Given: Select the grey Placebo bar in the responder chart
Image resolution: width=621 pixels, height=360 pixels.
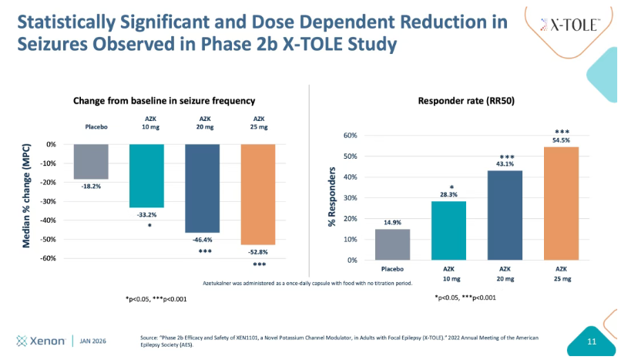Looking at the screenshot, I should [x=392, y=244].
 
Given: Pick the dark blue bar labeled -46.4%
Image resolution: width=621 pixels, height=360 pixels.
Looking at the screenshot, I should [x=203, y=188].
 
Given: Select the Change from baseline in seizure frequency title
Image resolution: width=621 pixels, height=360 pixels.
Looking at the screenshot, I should [x=164, y=100].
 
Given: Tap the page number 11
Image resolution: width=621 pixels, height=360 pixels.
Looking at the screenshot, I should [x=592, y=341].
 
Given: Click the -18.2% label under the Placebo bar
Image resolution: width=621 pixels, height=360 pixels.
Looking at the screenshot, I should [x=91, y=186].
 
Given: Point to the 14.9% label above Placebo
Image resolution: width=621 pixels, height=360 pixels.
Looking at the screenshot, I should [x=392, y=223].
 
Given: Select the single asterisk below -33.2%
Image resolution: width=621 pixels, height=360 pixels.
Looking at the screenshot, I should [x=147, y=226].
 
